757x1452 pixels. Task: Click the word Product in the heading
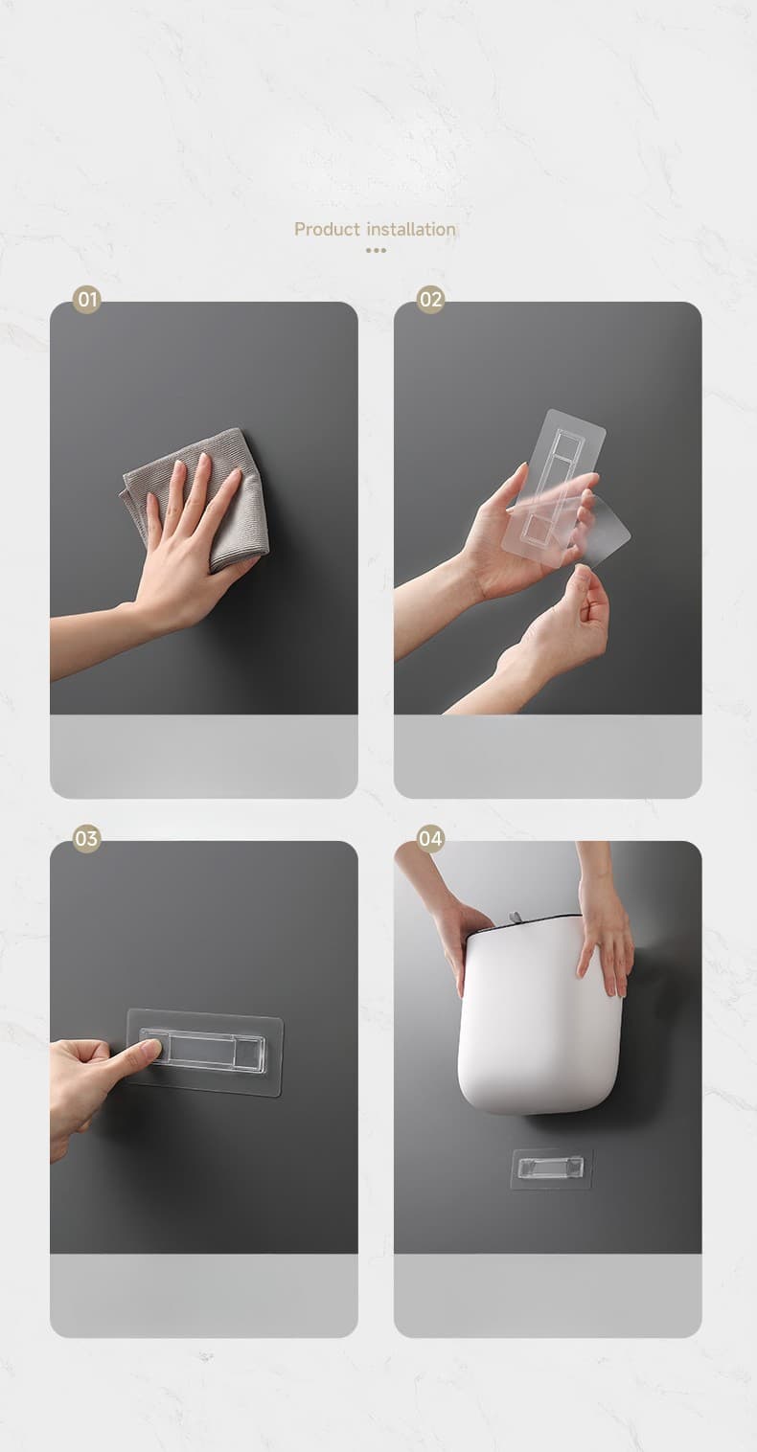[327, 229]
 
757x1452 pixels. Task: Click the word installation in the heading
[411, 229]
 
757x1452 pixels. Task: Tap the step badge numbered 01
[86, 299]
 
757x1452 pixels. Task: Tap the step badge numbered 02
[430, 299]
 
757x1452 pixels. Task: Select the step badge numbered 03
[86, 838]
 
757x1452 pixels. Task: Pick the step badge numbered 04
[430, 838]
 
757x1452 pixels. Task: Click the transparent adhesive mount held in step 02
[555, 480]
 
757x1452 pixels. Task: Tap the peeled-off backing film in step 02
[604, 529]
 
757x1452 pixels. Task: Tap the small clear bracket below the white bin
[551, 1168]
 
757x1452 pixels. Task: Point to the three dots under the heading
[376, 250]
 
